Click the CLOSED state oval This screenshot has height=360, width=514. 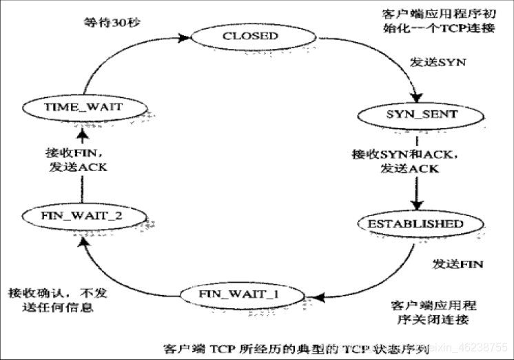click(249, 36)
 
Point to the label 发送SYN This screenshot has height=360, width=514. click(438, 62)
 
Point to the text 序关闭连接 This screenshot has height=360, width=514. click(433, 321)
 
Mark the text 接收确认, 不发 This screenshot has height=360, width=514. click(58, 292)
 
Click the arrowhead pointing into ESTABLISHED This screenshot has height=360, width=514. click(415, 206)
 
